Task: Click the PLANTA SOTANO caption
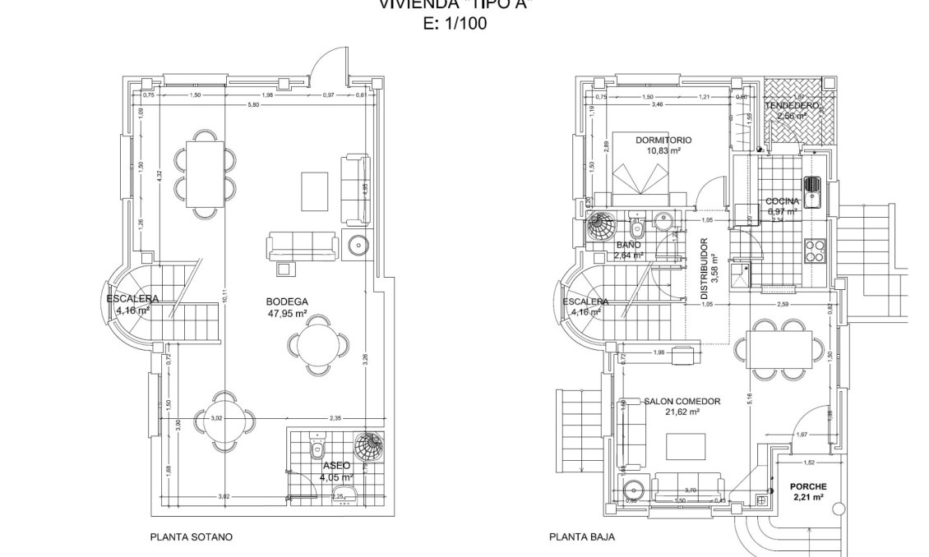tap(191, 537)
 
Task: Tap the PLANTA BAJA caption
tap(581, 537)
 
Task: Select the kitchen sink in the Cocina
tap(813, 189)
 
